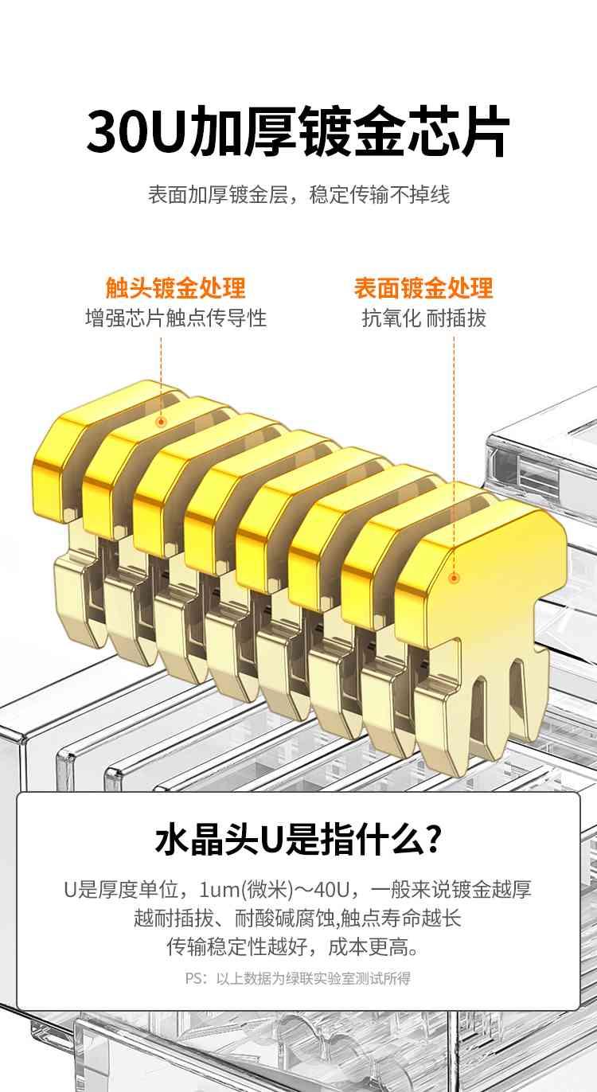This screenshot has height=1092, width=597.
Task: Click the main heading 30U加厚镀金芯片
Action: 298,133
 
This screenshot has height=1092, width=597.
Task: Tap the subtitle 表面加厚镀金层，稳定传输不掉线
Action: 298,194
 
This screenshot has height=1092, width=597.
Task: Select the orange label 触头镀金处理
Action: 176,287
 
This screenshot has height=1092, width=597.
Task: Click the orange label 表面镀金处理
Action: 423,287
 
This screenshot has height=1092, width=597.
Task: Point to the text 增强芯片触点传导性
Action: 176,318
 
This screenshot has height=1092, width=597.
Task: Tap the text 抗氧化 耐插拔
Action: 423,318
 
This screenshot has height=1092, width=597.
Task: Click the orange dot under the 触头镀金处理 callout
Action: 161,422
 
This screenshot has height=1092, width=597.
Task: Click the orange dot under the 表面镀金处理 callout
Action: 454,578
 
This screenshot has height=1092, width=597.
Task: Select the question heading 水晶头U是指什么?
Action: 298,840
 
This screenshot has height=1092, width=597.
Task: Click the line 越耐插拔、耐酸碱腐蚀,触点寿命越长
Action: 298,918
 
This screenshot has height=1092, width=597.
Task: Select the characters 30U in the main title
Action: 137,133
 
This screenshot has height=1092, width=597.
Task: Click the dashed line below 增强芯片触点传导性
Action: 161,376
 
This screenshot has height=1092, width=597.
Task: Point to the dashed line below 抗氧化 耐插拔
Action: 454,454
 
